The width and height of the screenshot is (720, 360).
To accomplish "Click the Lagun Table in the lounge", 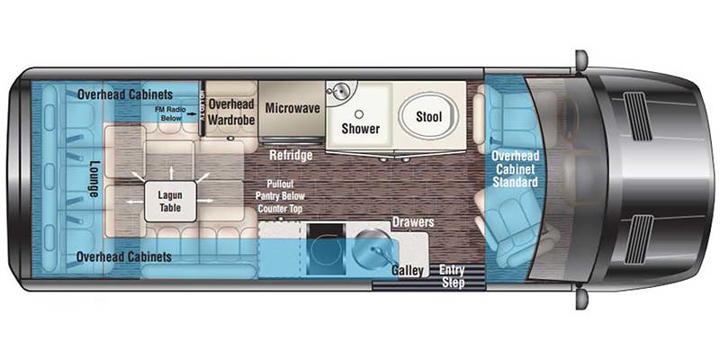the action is (x=170, y=201).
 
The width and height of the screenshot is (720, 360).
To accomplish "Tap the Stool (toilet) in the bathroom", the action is (x=428, y=117).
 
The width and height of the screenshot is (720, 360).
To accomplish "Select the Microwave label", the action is (x=292, y=108).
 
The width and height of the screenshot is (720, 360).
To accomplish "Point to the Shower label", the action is (x=361, y=129).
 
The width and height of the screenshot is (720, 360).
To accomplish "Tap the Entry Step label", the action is (x=453, y=276).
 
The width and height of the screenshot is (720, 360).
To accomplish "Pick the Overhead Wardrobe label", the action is (x=231, y=111).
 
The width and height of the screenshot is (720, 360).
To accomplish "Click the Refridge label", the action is (x=291, y=155).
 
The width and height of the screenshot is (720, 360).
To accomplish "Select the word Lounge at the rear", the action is (x=94, y=179).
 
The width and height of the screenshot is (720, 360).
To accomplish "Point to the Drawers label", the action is (x=413, y=222).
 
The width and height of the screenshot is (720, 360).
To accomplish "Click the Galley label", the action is (x=408, y=271).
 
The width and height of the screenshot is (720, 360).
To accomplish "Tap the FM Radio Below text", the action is (x=171, y=113).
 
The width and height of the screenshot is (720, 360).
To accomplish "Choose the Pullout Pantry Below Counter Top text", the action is (x=280, y=196).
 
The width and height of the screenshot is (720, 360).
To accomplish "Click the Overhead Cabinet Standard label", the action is (x=515, y=168).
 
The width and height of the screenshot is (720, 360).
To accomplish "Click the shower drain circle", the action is (x=360, y=113).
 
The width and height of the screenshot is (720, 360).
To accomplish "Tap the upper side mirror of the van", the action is (x=581, y=59).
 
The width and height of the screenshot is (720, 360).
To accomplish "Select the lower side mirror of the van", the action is (x=581, y=299).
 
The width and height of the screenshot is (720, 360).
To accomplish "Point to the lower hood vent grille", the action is (x=638, y=239).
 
